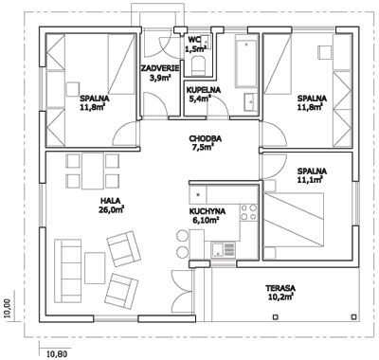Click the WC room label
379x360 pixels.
[195, 39]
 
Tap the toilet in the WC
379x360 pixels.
[198, 65]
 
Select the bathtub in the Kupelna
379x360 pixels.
[246, 63]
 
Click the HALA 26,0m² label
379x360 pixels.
[111, 204]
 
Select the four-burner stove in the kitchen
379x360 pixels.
[248, 212]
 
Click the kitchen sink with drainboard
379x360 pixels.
[224, 249]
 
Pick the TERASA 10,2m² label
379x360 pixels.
[280, 292]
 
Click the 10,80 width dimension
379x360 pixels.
[57, 353]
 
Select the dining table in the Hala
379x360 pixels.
[92, 171]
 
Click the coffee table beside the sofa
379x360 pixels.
[95, 268]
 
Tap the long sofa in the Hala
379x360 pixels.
[67, 271]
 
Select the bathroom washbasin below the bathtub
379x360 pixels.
[251, 102]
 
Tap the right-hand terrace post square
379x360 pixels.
[354, 316]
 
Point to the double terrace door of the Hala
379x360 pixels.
[182, 291]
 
